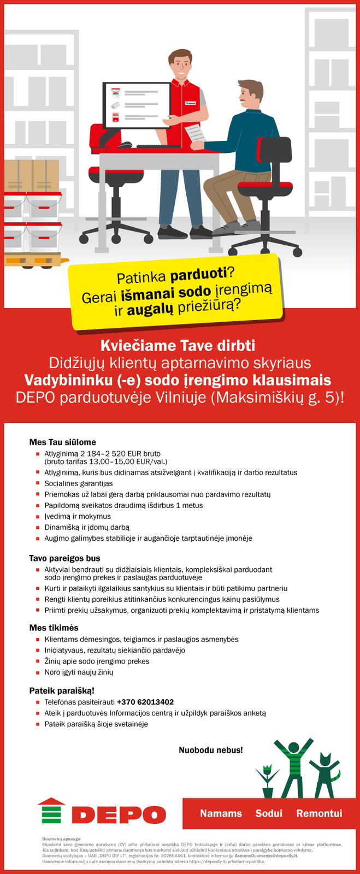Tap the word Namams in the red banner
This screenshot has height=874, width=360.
[221, 813]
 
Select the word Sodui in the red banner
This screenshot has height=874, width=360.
[269, 813]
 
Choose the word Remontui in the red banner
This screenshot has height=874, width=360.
[319, 813]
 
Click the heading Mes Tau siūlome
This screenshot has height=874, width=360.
[62, 442]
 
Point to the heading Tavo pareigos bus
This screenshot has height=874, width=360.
[64, 558]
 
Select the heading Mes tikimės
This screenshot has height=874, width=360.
[54, 628]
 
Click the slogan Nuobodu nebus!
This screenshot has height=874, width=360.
[211, 750]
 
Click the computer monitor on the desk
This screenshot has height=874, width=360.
[137, 105]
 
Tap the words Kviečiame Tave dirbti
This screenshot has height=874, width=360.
[178, 346]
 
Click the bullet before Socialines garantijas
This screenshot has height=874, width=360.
[38, 483]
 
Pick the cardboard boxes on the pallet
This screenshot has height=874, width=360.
[32, 175]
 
